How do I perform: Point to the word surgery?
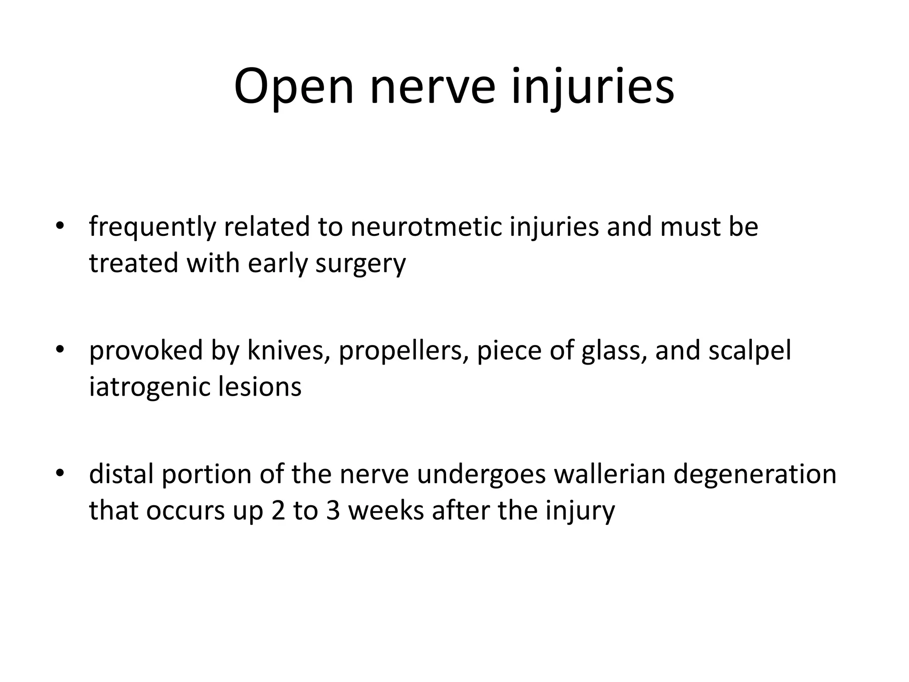(x=360, y=264)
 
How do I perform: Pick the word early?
(x=277, y=264)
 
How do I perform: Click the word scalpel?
(x=750, y=351)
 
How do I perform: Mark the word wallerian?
(x=609, y=474)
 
